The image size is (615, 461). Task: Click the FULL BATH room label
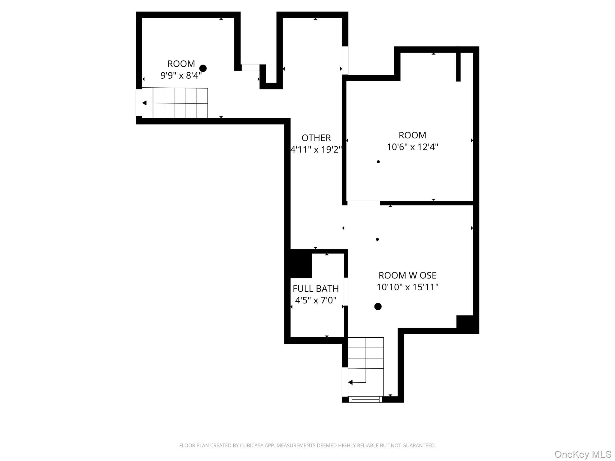pyautogui.click(x=316, y=288)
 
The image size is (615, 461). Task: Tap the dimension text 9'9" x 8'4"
pyautogui.click(x=181, y=75)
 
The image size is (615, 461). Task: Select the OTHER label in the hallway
pyautogui.click(x=316, y=138)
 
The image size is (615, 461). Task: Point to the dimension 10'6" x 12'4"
pyautogui.click(x=412, y=147)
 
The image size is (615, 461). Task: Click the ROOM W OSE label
pyautogui.click(x=407, y=275)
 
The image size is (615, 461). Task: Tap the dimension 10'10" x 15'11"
pyautogui.click(x=407, y=287)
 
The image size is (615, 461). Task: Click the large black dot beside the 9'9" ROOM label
pyautogui.click(x=203, y=68)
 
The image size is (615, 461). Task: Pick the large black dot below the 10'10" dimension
pyautogui.click(x=378, y=306)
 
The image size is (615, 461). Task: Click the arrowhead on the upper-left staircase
pyautogui.click(x=144, y=103)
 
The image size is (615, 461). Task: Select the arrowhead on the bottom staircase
pyautogui.click(x=350, y=382)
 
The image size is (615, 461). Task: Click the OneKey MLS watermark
pyautogui.click(x=583, y=454)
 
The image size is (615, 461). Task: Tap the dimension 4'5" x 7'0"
pyautogui.click(x=316, y=300)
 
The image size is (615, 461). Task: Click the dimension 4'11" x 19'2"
pyautogui.click(x=316, y=149)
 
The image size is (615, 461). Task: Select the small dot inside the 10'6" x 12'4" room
pyautogui.click(x=378, y=162)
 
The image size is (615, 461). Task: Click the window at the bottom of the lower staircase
pyautogui.click(x=365, y=399)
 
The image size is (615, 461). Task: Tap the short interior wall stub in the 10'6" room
pyautogui.click(x=458, y=66)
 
